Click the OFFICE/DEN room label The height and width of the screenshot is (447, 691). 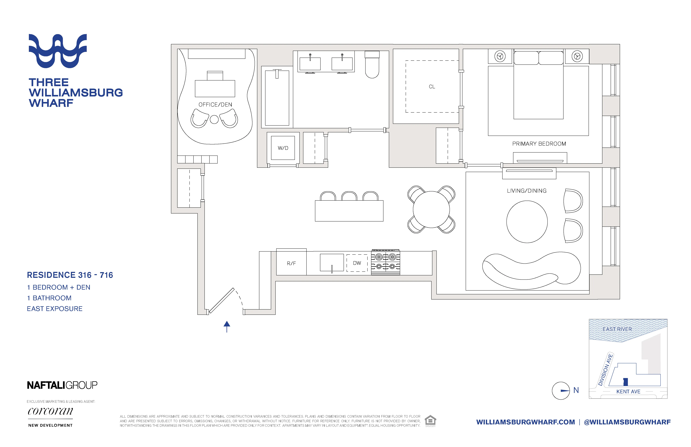tap(215, 104)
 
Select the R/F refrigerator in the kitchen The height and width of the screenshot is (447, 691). tap(291, 263)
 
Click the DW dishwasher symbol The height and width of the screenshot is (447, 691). tap(357, 263)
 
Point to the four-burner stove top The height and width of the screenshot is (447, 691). tap(386, 262)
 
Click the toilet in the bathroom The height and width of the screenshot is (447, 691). tap(372, 65)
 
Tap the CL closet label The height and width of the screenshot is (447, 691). tap(432, 87)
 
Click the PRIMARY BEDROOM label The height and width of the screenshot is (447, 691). tap(539, 144)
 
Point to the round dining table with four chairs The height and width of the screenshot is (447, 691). tap(431, 209)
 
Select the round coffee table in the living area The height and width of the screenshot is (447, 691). tap(527, 222)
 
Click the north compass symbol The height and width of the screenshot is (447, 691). tap(561, 390)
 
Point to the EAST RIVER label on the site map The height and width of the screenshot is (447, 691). tap(617, 329)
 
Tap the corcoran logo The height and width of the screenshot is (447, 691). tap(50, 411)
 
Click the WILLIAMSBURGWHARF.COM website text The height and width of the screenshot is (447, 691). tap(525, 422)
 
